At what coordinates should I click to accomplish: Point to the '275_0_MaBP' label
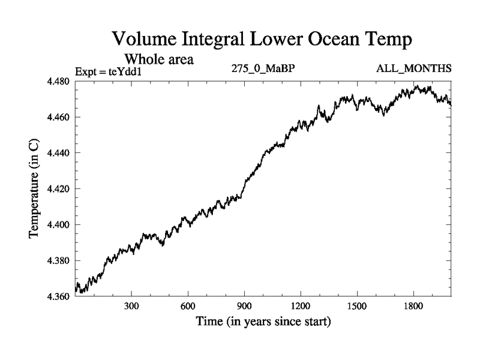[263, 68]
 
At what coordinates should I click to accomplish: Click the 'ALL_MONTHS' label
[413, 68]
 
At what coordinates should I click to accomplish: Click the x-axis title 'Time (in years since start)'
[263, 322]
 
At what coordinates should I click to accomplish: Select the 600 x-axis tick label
[188, 305]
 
